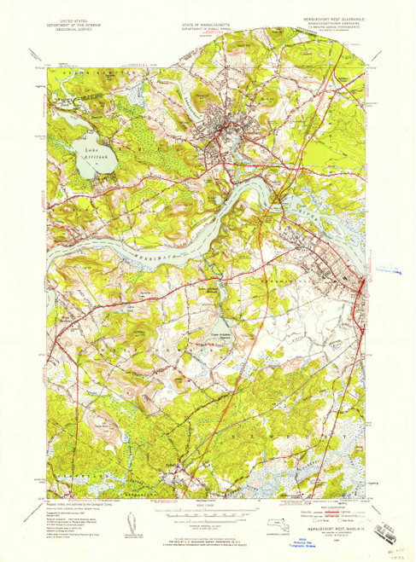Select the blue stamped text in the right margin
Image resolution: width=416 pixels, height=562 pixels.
point(386,271)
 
